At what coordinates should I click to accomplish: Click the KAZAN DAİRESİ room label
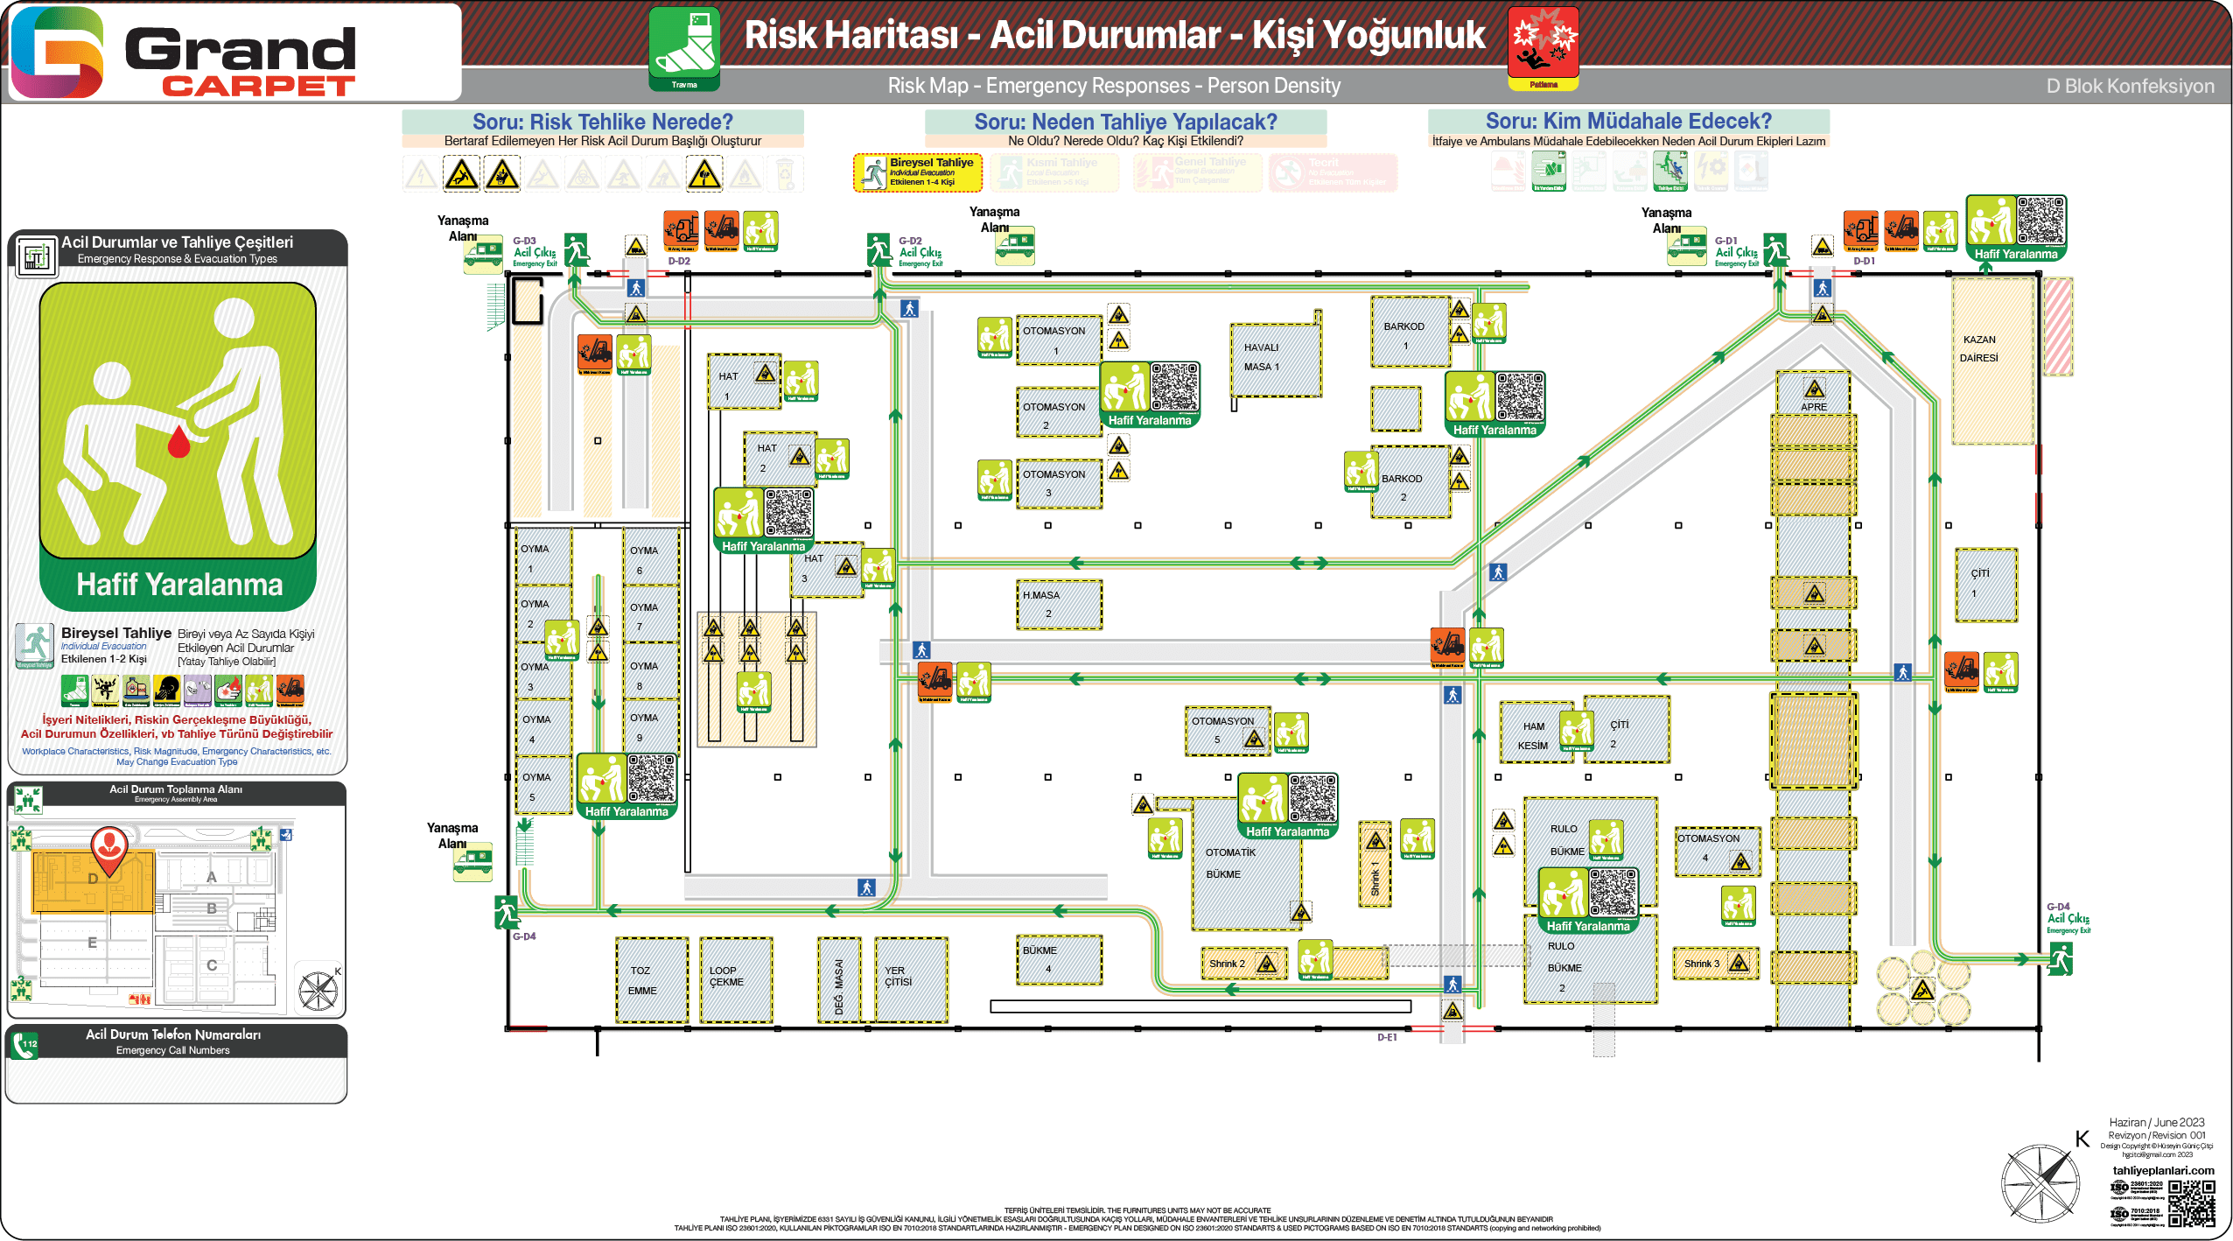point(1979,348)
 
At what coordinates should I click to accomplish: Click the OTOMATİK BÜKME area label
point(1230,863)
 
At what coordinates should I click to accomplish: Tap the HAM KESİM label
point(1533,736)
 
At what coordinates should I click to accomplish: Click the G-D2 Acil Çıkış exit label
point(920,252)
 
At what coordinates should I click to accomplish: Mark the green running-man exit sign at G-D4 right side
point(2060,960)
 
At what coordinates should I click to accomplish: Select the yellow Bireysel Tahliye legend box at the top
point(917,172)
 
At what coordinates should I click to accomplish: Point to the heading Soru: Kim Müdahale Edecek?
point(1627,121)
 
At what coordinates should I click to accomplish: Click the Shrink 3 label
point(1702,964)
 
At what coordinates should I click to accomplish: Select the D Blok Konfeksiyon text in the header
point(2130,86)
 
